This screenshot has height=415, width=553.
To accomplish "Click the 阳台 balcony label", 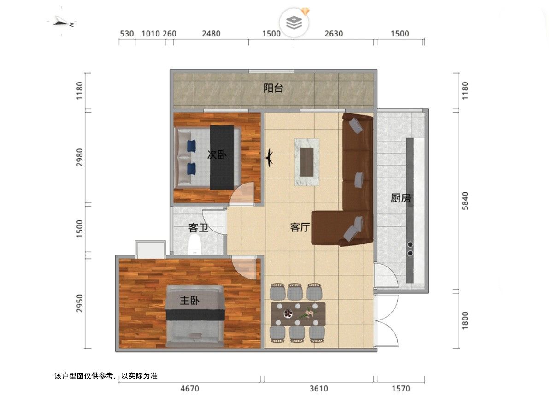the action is [x=273, y=88].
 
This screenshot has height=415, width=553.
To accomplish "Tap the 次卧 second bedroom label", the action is [x=217, y=154].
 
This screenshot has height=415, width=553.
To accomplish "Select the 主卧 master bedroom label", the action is [x=189, y=300].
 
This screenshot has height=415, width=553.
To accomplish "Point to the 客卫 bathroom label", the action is [x=198, y=228].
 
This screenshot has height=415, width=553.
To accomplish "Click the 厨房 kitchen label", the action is [x=400, y=198].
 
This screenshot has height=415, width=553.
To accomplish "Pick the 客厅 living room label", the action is [x=300, y=227].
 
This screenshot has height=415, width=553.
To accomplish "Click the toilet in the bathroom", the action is [x=194, y=245].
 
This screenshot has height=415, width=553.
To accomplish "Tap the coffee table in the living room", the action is [x=307, y=162].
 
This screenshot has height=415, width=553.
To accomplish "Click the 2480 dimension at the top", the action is [x=211, y=34].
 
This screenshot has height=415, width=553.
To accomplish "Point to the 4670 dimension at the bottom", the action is [x=190, y=389].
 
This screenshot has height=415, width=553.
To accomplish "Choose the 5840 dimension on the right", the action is [x=465, y=201].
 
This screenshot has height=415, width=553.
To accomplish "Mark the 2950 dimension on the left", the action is [x=80, y=303].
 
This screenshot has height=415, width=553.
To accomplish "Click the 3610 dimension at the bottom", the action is [x=319, y=389].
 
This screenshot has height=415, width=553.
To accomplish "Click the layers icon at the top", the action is [x=294, y=23].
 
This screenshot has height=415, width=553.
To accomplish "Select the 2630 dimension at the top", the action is [x=334, y=34].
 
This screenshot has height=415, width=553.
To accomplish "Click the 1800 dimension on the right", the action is [x=465, y=320].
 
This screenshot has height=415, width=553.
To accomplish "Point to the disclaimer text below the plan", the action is [x=106, y=376].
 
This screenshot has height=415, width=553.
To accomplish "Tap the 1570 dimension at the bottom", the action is [x=401, y=389].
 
